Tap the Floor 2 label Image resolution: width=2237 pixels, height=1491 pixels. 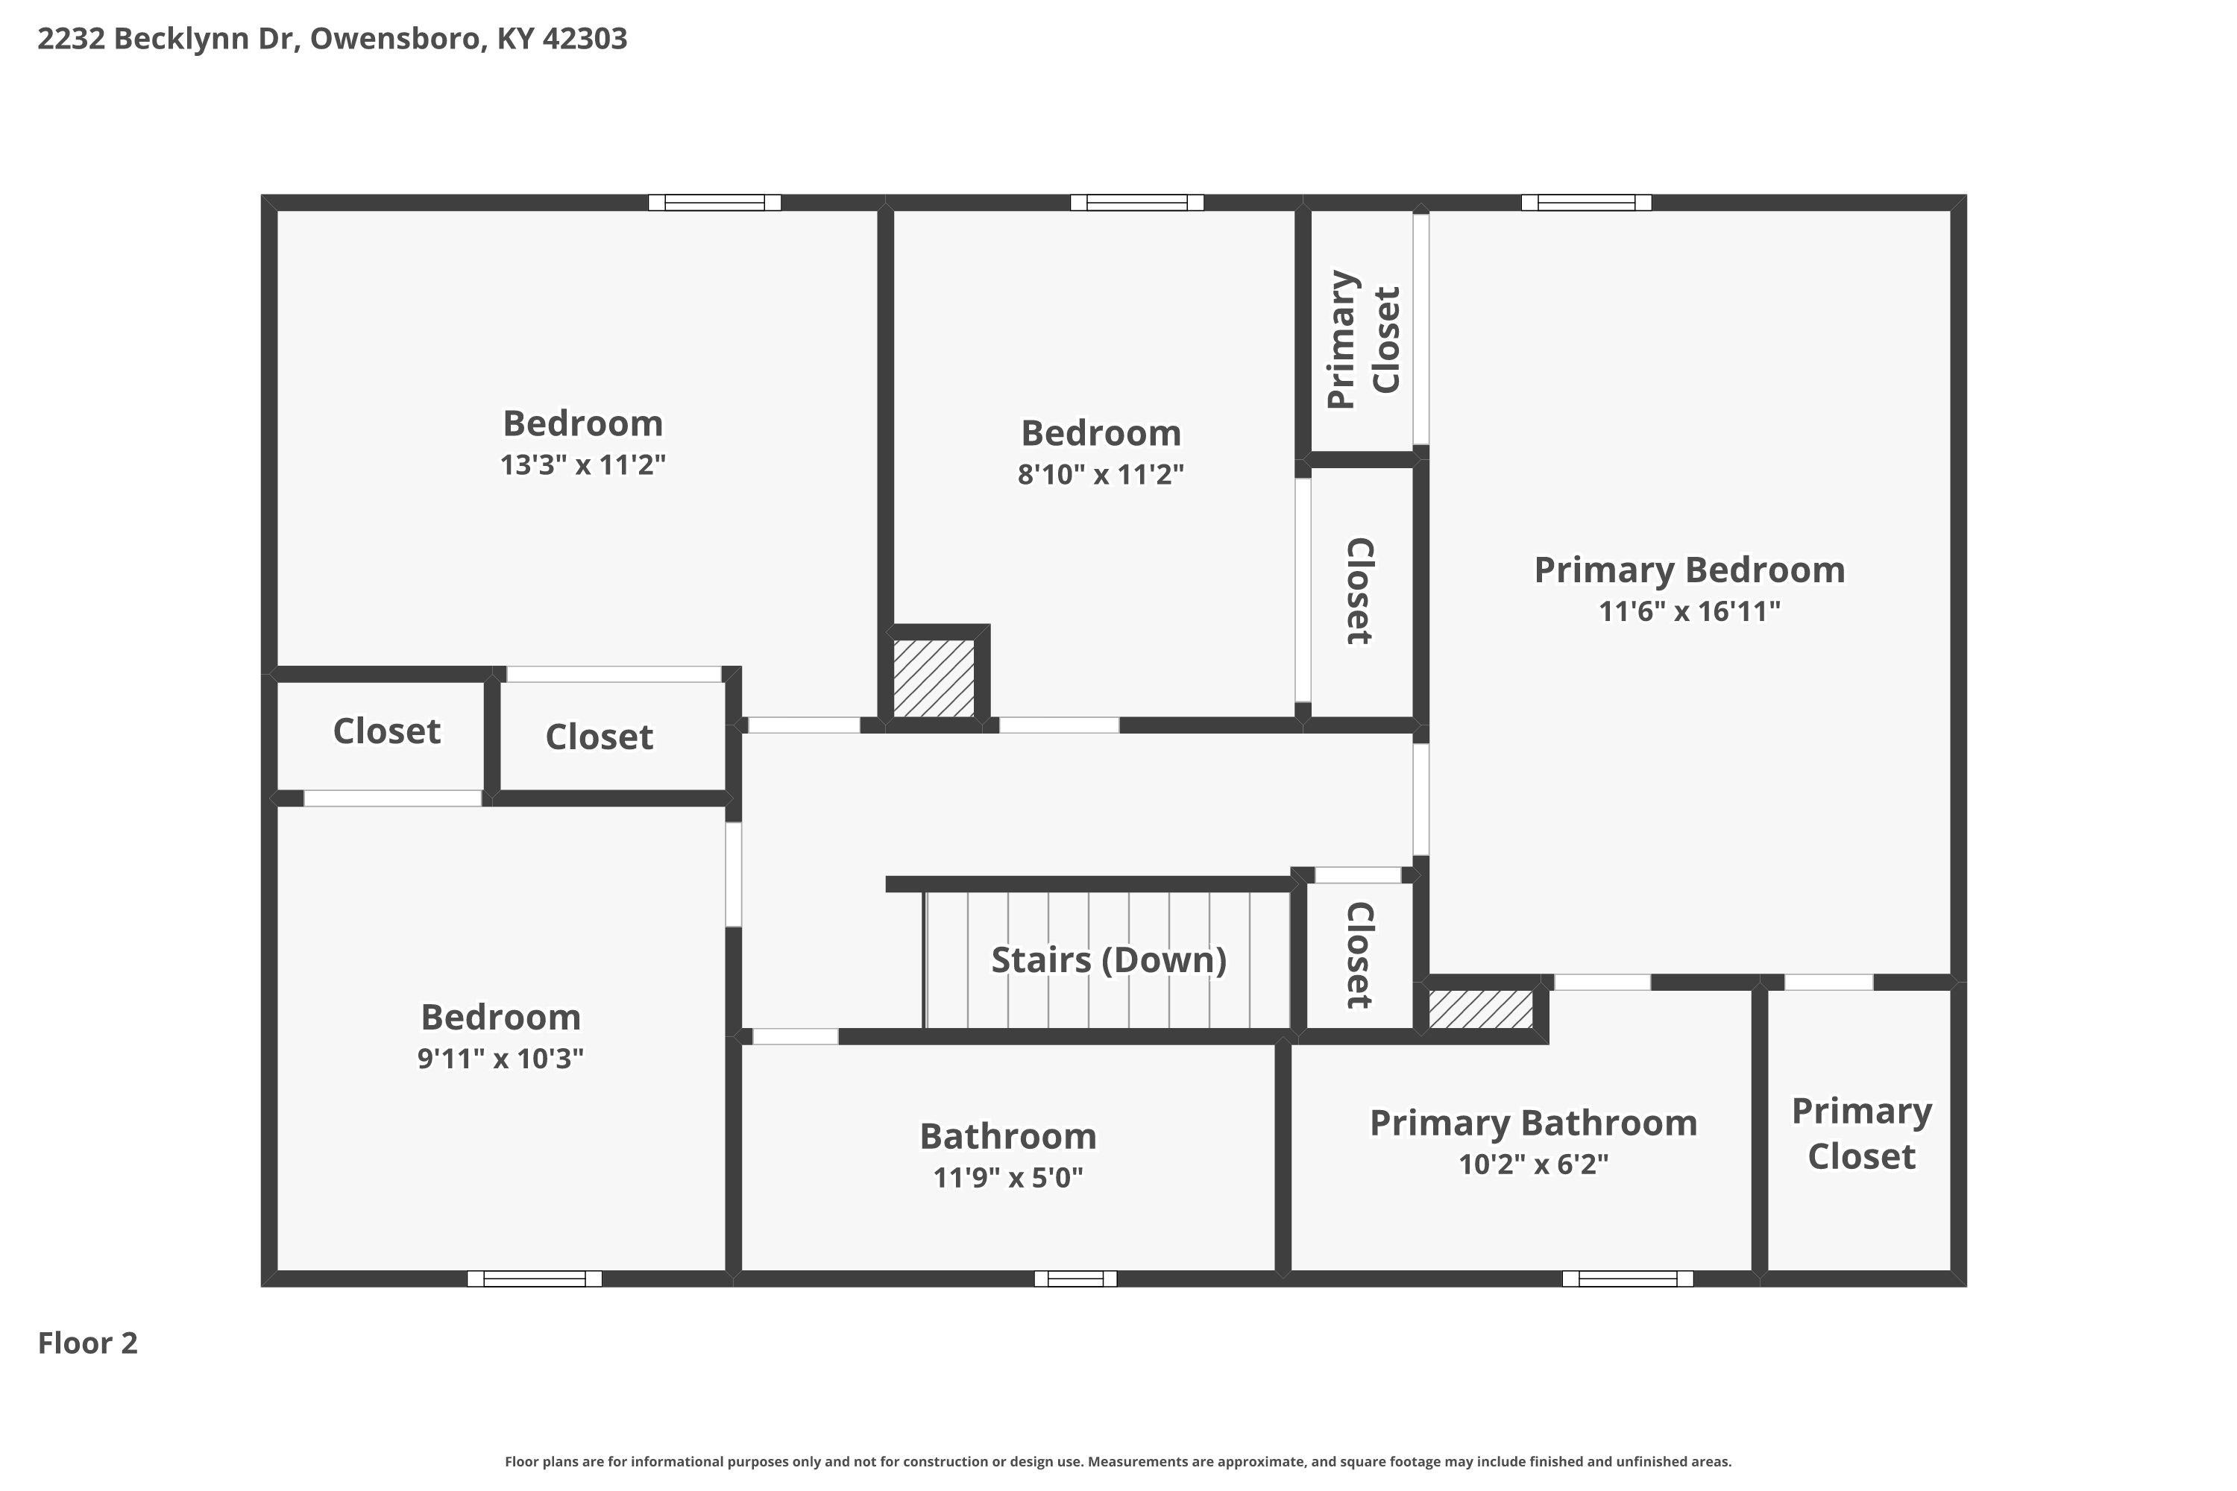click(x=87, y=1343)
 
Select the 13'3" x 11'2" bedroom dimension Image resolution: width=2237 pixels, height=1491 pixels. click(x=583, y=465)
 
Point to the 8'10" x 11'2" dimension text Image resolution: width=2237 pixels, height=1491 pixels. click(x=1101, y=474)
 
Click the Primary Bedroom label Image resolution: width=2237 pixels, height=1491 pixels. click(x=1689, y=570)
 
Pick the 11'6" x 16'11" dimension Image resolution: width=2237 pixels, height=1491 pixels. click(x=1689, y=611)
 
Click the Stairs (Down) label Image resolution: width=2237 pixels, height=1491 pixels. click(x=1109, y=959)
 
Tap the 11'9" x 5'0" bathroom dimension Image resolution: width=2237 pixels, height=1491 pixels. click(x=1008, y=1178)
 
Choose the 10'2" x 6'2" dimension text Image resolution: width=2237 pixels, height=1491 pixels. click(x=1533, y=1164)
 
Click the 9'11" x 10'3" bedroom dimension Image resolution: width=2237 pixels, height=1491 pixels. click(x=500, y=1059)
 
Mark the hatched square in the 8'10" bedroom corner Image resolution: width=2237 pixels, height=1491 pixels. click(x=934, y=678)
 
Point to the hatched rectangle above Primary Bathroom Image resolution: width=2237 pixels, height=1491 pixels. click(x=1481, y=1009)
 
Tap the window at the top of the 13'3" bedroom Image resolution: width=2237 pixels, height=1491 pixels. click(x=714, y=203)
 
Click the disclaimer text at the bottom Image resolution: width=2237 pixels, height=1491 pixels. click(x=1118, y=1461)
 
